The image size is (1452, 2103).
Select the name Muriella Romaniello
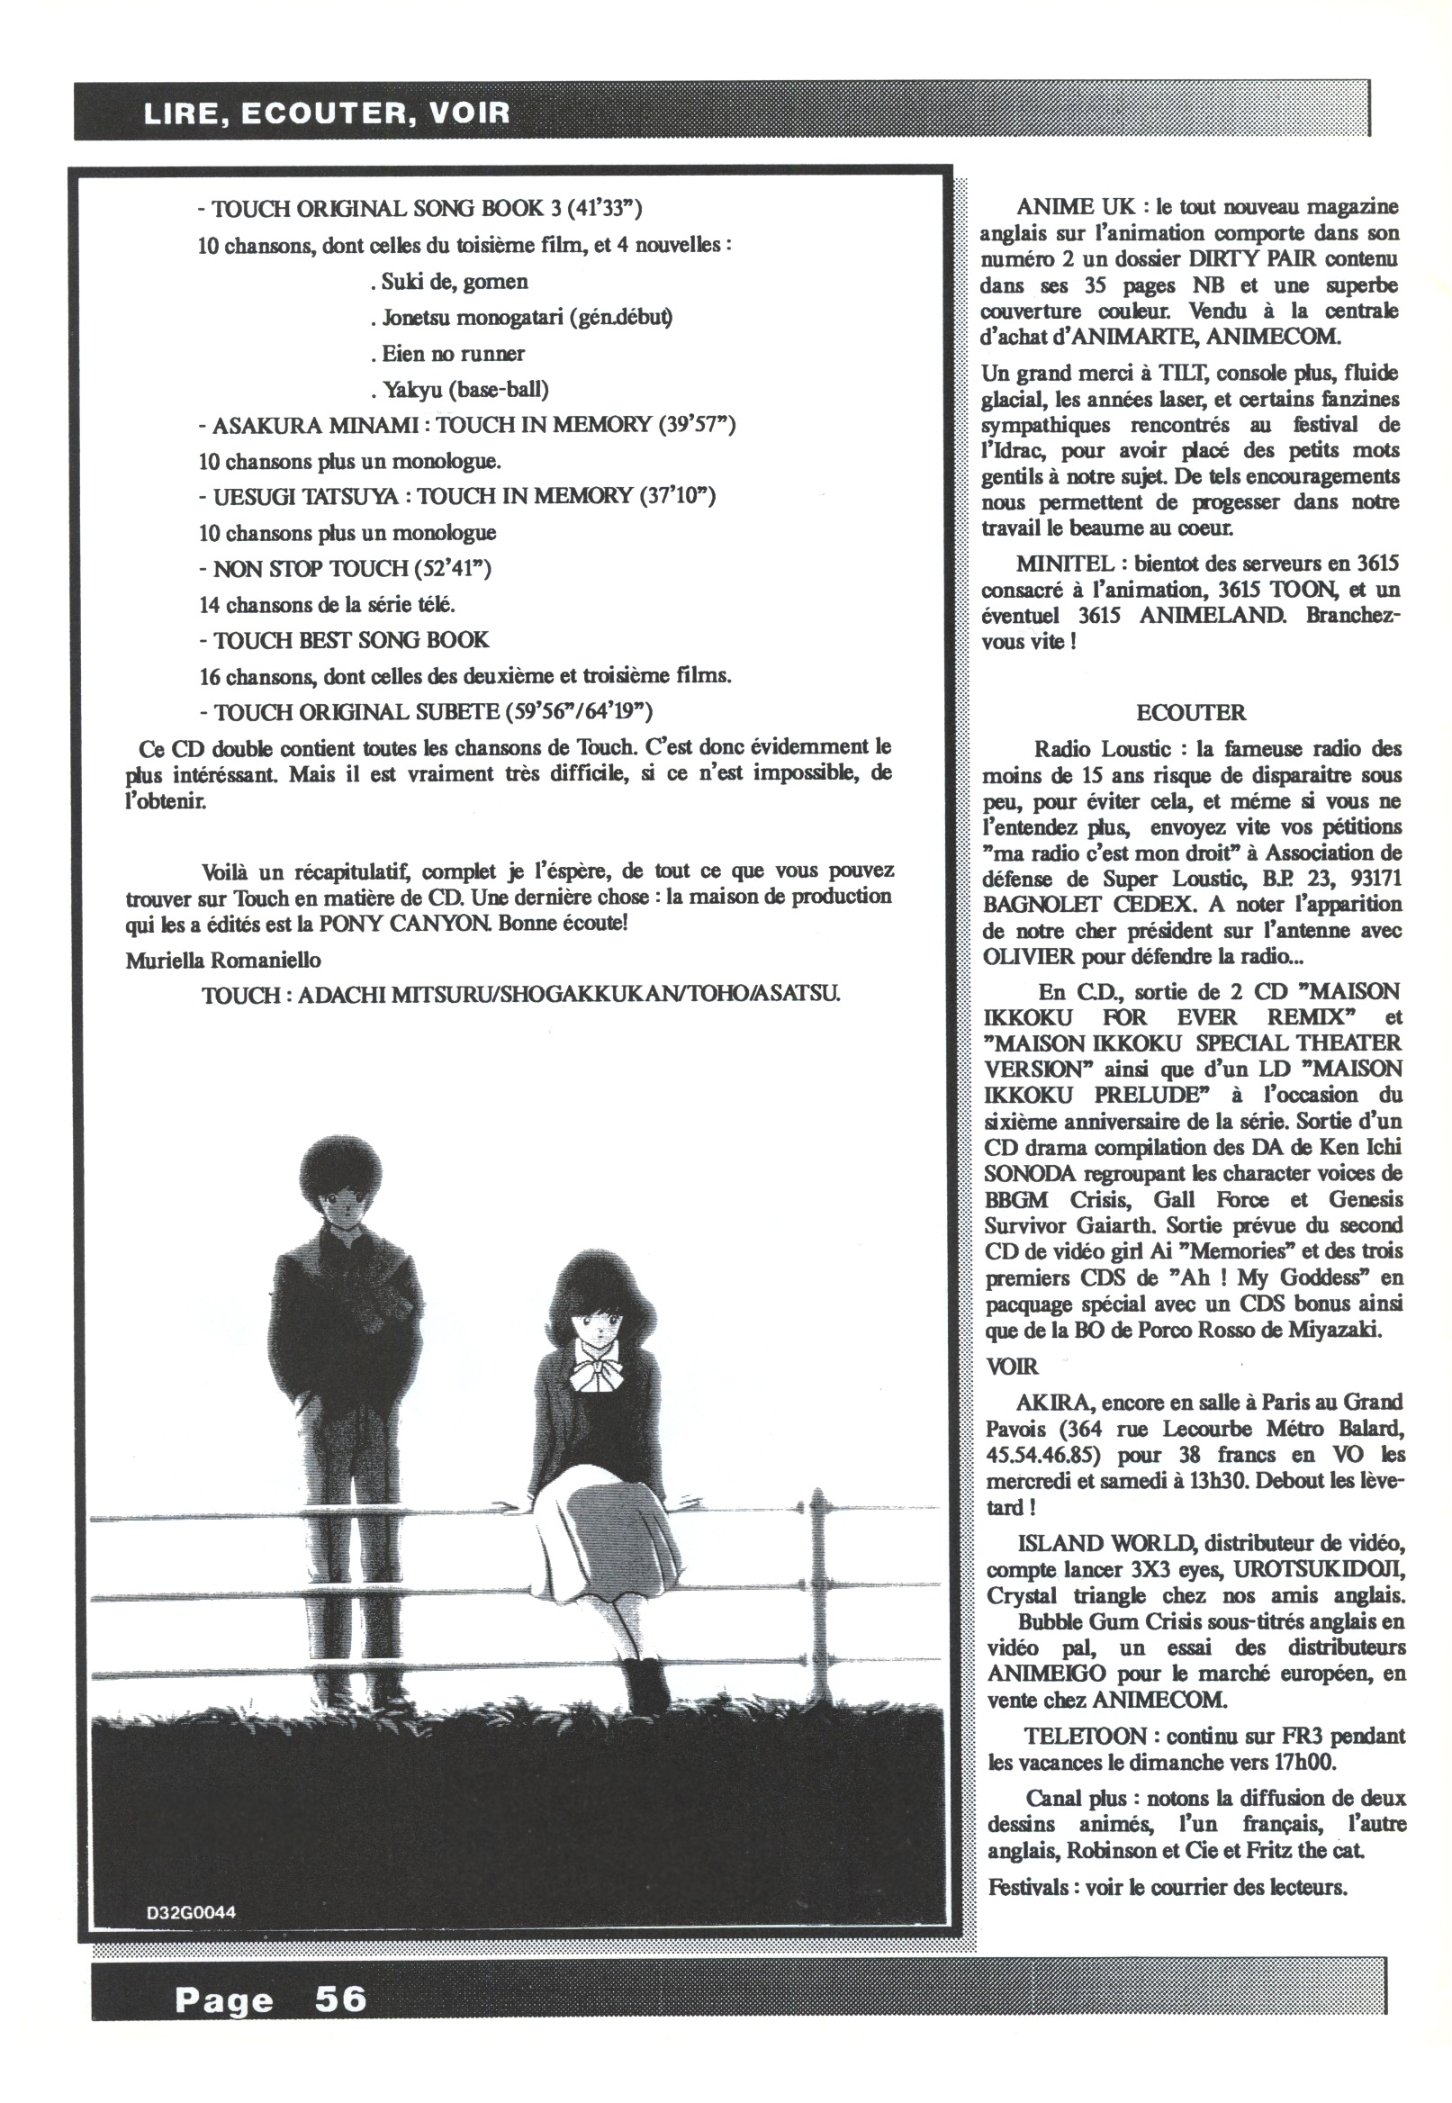click(x=223, y=961)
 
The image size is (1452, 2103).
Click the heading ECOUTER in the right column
click(x=1191, y=712)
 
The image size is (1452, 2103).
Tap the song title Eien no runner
click(x=453, y=354)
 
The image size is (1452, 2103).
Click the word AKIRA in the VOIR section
click(x=1046, y=1403)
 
